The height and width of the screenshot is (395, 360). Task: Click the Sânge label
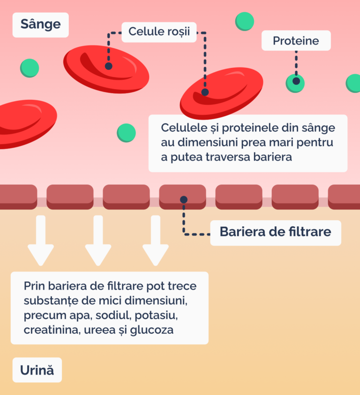click(41, 24)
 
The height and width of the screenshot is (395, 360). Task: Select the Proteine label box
click(296, 41)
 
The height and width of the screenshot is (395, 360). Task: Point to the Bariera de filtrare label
click(275, 231)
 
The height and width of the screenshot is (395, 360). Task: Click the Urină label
click(37, 370)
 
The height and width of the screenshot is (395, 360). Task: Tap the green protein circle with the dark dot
click(295, 83)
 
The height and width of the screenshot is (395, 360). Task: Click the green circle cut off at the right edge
click(354, 83)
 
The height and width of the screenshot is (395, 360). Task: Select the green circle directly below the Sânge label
click(30, 68)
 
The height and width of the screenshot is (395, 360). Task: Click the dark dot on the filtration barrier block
click(184, 200)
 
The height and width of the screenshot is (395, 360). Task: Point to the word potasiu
click(155, 315)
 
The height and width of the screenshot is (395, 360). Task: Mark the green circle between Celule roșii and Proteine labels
click(244, 21)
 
